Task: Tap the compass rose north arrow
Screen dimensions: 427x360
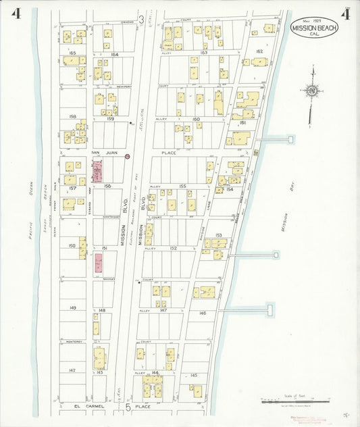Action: click(311, 91)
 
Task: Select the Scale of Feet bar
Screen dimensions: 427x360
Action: click(295, 401)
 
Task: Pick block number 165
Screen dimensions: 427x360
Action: click(72, 53)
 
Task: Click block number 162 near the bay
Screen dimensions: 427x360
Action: click(259, 51)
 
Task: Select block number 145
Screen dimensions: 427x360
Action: click(194, 375)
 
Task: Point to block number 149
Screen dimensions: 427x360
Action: click(72, 307)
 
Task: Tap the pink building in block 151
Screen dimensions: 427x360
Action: click(99, 263)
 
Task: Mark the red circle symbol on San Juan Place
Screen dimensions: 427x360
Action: click(127, 156)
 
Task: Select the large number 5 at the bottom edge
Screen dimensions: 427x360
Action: click(126, 408)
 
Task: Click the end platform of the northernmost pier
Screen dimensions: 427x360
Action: click(291, 139)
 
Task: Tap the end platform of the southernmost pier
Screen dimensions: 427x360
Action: click(271, 309)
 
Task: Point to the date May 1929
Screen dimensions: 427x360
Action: click(311, 20)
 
